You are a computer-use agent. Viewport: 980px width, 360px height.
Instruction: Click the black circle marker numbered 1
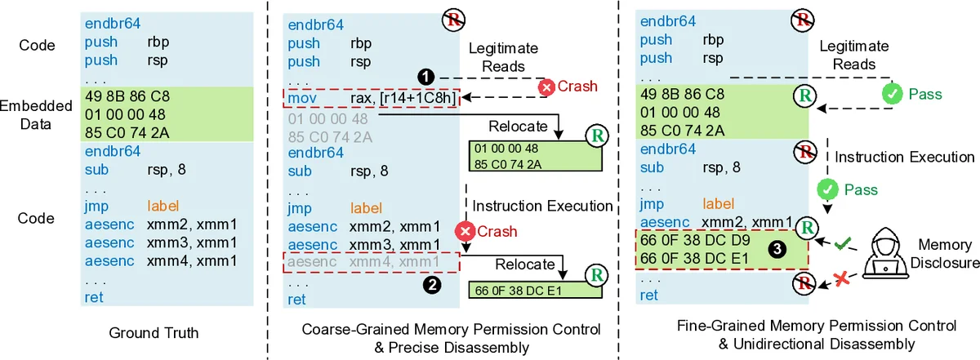[x=425, y=75]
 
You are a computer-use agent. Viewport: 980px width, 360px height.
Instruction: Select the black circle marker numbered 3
[x=780, y=250]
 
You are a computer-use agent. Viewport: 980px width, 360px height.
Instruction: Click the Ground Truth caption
[x=154, y=332]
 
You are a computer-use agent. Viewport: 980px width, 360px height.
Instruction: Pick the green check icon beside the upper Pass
[x=892, y=96]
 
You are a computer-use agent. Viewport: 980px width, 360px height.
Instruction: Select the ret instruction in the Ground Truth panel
[x=94, y=296]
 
